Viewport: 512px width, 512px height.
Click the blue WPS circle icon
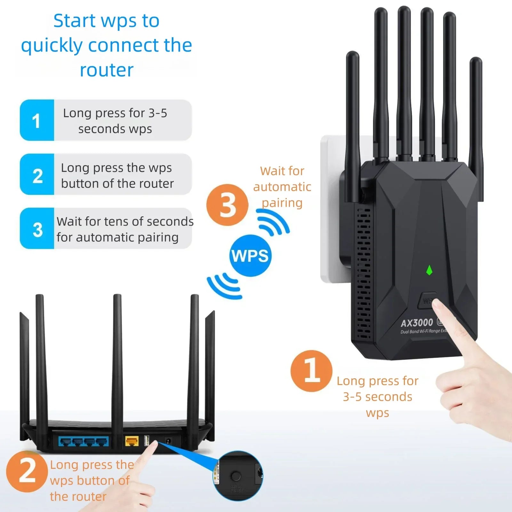[x=250, y=256]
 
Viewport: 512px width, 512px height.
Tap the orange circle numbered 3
[x=227, y=205]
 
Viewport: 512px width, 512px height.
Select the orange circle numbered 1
[x=311, y=371]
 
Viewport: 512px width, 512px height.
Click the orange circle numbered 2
[x=27, y=471]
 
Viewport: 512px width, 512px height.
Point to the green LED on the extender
[x=429, y=270]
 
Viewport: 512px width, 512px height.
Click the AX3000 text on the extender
[x=417, y=323]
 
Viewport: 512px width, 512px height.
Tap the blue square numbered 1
[x=37, y=120]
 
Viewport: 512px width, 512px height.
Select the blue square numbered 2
[x=37, y=174]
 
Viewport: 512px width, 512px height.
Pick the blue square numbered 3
[x=37, y=228]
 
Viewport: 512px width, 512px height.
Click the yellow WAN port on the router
[x=132, y=441]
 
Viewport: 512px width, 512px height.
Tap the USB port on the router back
[x=147, y=441]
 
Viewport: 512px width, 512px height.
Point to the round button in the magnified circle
[x=236, y=476]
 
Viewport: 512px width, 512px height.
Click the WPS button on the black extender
[x=427, y=300]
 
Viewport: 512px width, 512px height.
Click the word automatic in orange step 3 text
[x=282, y=187]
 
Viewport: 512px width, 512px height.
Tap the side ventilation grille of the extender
[x=364, y=272]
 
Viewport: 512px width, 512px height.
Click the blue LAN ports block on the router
[x=84, y=442]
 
